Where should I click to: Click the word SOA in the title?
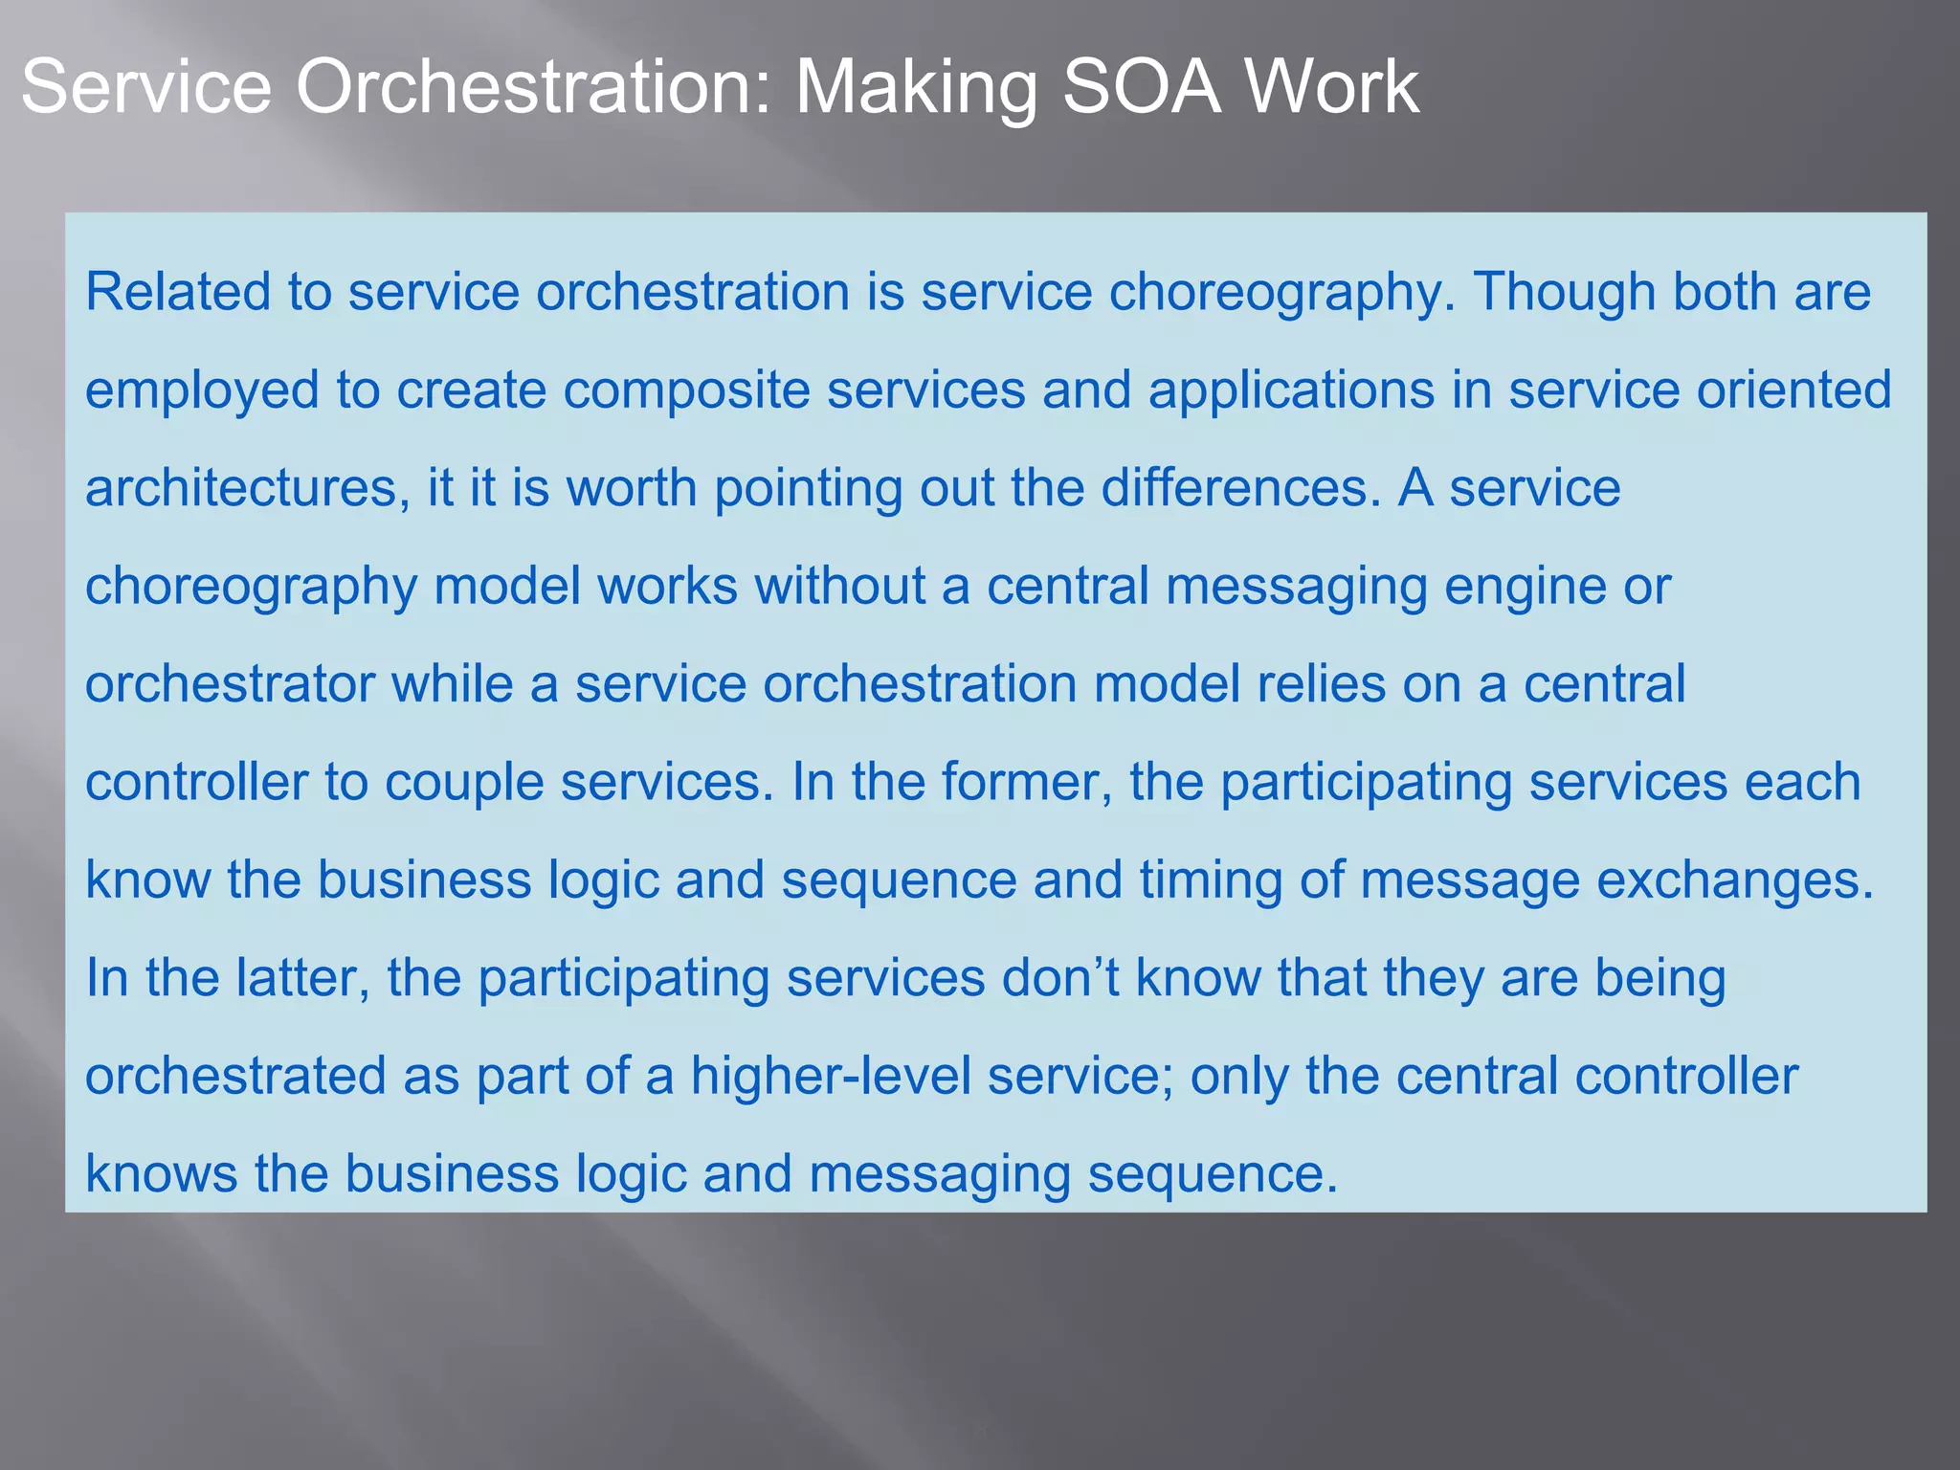point(1141,88)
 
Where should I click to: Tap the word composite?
point(686,392)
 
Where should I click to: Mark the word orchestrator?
point(230,685)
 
